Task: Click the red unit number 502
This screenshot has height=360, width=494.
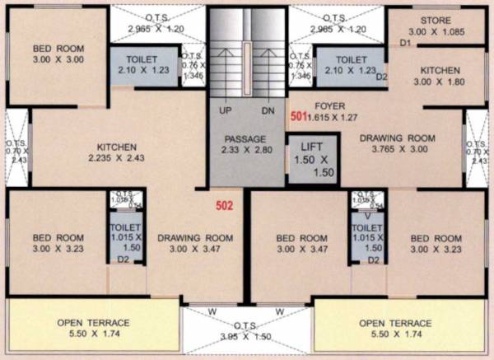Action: click(225, 205)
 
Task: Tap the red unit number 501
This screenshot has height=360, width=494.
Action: click(298, 117)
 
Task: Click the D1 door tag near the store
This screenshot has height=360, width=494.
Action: click(405, 41)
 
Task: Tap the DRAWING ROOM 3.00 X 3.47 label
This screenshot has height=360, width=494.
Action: click(195, 244)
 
